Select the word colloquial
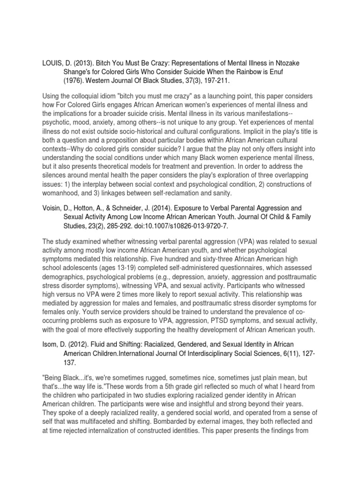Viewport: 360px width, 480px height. [83, 96]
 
